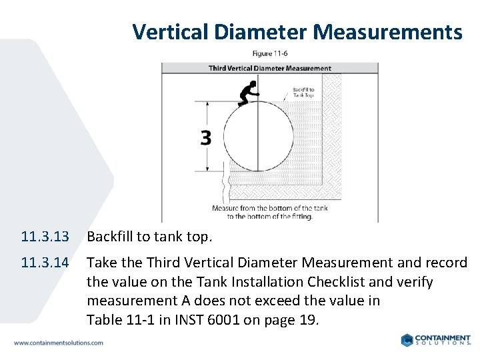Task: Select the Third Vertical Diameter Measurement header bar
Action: pos(269,68)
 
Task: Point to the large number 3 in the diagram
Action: pos(205,138)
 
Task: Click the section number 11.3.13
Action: pos(45,237)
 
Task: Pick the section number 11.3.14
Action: pos(45,263)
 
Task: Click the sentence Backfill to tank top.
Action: pos(149,237)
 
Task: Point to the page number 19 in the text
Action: pos(308,320)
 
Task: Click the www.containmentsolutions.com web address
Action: pos(59,343)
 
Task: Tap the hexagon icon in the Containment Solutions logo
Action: pos(408,340)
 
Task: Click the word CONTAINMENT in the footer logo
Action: pos(443,337)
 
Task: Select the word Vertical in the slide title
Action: pos(173,31)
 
